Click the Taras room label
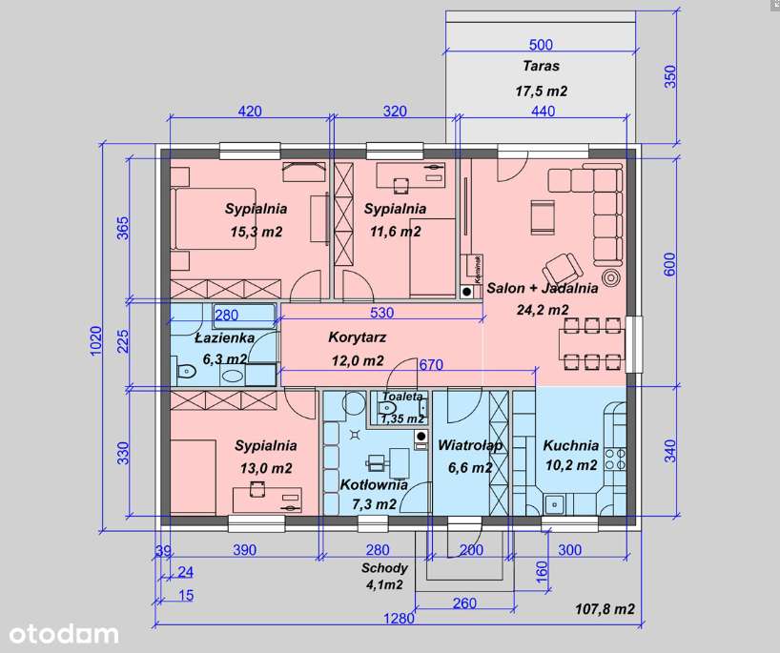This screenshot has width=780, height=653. (x=541, y=66)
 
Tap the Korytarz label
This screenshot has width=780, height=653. (x=358, y=337)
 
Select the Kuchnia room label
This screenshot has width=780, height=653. (x=570, y=445)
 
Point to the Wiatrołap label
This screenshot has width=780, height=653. (x=470, y=445)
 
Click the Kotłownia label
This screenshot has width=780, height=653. (x=374, y=484)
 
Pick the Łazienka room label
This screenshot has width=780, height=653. (x=224, y=337)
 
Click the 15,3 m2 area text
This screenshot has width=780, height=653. (x=257, y=232)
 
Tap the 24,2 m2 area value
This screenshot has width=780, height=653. (x=543, y=310)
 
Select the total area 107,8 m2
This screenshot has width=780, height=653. (x=605, y=609)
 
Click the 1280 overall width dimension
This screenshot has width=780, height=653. (x=399, y=618)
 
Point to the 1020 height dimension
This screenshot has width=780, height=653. (x=96, y=340)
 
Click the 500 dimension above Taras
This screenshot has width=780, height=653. (x=541, y=45)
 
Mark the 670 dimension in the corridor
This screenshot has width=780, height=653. (x=431, y=365)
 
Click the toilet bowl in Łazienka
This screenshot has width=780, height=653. (x=185, y=371)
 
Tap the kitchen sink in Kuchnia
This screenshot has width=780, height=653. (x=553, y=504)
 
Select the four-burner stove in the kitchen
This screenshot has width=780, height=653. (x=615, y=459)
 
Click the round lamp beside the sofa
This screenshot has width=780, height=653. (x=611, y=276)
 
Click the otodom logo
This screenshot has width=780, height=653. (x=64, y=635)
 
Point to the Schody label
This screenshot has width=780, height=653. (x=384, y=568)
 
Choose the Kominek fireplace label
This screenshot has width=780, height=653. (x=478, y=269)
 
